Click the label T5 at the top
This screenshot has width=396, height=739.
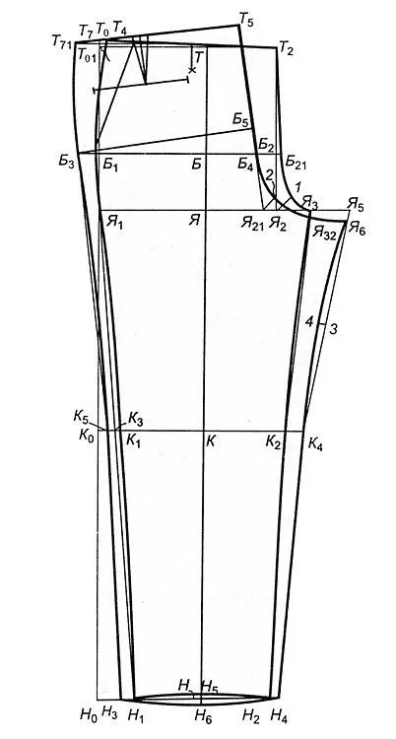point(246,20)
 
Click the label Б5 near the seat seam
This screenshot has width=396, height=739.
point(240,119)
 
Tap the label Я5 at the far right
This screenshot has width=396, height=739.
point(356,205)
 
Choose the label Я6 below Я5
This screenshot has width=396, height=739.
point(357,229)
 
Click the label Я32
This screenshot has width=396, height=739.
point(324,233)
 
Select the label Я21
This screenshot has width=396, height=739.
point(252,222)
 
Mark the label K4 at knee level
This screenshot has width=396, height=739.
point(315,443)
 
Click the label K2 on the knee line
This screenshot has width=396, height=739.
point(274,441)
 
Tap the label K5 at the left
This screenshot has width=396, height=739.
point(80,417)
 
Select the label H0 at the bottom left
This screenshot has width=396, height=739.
point(89,715)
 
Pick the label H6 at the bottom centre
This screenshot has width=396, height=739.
point(204,716)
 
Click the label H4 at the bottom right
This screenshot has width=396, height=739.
point(279,715)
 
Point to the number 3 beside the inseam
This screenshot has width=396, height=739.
point(333,329)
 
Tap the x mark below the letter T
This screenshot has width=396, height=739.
point(191,70)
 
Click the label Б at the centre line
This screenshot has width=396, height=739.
point(197,164)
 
